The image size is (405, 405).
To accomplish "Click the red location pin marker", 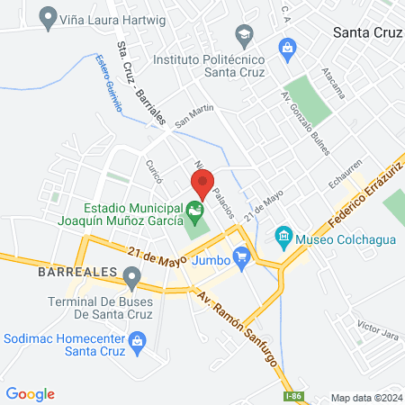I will (201, 184).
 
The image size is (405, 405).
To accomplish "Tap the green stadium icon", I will (194, 213).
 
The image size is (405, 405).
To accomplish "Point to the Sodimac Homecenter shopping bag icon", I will (136, 340).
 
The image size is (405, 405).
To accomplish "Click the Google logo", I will (30, 394).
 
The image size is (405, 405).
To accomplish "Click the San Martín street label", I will (193, 114).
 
